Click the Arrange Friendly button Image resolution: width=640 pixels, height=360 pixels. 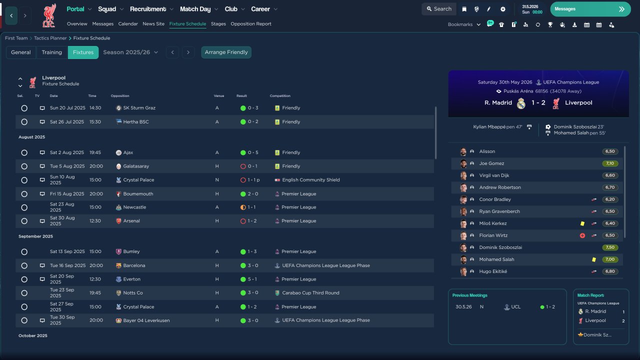226,52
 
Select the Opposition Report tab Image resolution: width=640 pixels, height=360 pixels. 250,24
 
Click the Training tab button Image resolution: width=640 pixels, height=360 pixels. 51,52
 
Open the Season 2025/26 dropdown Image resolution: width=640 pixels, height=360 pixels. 130,52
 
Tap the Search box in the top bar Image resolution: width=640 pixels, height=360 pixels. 438,9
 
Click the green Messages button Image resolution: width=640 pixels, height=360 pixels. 590,9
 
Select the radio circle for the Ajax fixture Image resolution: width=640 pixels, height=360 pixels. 24,152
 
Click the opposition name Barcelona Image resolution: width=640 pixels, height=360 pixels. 134,265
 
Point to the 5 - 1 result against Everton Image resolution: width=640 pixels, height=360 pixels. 253,279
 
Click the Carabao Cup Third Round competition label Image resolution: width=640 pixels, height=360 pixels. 310,293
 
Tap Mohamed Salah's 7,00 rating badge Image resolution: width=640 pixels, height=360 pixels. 610,259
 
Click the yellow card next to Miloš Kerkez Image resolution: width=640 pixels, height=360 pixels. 582,223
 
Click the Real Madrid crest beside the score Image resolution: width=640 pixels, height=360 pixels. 521,103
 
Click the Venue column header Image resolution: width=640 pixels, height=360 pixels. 218,96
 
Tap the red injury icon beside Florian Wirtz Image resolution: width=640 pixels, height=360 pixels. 582,235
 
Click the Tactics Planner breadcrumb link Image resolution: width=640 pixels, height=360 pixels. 50,38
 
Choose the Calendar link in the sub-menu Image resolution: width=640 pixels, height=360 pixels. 128,24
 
